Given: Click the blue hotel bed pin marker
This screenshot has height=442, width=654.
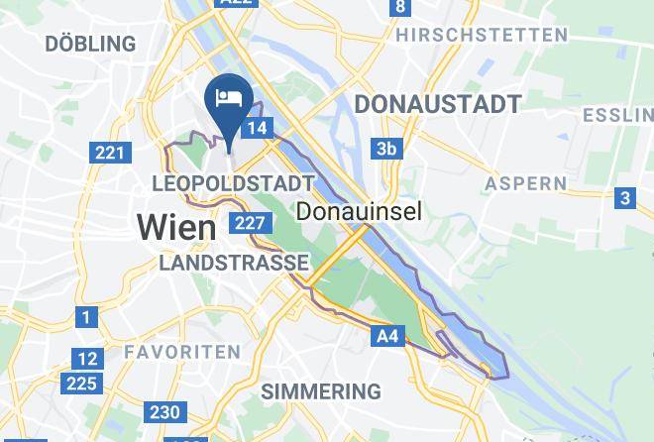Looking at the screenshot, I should (229, 99).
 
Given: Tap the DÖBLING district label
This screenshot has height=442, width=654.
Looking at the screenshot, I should (90, 44).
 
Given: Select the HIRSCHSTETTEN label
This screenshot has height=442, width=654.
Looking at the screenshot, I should (482, 35).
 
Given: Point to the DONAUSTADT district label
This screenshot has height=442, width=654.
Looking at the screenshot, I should (438, 104).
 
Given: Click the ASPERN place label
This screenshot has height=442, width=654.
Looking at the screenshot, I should (526, 183).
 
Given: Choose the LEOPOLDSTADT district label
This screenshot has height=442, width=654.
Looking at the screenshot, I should (234, 184).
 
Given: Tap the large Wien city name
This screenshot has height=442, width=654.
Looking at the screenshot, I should (176, 227).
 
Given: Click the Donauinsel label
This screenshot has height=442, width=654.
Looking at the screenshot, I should (360, 211).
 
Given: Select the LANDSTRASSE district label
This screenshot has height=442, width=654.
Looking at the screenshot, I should (234, 263).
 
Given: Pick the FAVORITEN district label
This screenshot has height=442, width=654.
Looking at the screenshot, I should (182, 352).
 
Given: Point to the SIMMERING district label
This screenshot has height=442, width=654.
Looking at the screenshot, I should (321, 391).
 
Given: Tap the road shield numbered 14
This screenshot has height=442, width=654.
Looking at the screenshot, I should (258, 128).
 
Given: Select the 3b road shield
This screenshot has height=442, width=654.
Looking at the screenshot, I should (386, 150).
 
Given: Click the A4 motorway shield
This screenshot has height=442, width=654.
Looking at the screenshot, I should (387, 337).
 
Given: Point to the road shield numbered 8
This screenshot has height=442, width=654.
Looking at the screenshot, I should (400, 8).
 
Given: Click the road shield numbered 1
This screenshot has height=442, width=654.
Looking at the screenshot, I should (86, 317).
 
